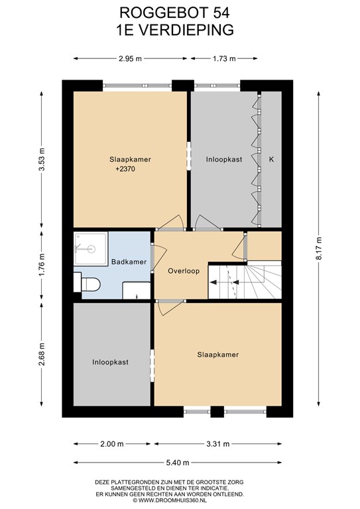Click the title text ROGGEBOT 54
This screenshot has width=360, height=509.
click(174, 13)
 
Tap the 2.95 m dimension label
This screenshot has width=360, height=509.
click(130, 59)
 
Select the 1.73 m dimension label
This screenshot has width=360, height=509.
click(224, 59)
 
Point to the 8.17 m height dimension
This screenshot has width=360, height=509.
click(320, 248)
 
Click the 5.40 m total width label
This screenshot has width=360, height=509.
click(178, 463)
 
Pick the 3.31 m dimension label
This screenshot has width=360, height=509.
click(218, 444)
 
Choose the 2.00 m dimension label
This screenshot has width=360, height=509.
click(112, 444)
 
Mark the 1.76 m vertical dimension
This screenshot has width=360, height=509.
click(42, 264)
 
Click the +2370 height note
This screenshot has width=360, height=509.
click(125, 169)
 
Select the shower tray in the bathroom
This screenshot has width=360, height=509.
click(91, 249)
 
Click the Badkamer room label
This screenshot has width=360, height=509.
click(129, 262)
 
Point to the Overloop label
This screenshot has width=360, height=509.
click(184, 270)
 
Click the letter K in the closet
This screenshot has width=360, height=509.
click(272, 159)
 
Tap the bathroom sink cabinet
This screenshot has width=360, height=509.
click(137, 290)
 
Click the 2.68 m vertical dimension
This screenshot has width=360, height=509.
click(42, 354)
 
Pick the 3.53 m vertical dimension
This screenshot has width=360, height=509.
click(42, 159)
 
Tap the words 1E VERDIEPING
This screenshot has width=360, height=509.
click(175, 30)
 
